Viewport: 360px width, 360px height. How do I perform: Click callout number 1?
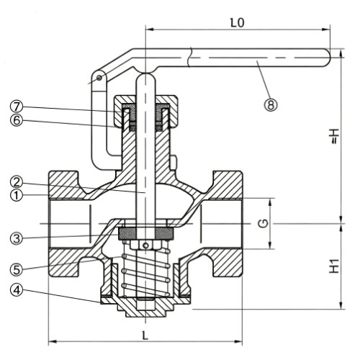coord(17,196)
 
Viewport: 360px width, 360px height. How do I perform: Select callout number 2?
coord(17,182)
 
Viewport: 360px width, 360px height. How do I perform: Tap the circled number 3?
coord(17,238)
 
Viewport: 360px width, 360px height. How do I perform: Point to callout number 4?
coord(17,290)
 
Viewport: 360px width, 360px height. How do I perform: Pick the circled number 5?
coord(17,269)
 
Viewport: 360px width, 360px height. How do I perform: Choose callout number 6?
coord(17,120)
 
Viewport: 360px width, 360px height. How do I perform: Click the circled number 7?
coord(17,107)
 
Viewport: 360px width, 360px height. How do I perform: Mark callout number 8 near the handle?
coord(271,105)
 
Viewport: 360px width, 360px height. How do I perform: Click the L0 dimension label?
coord(237,23)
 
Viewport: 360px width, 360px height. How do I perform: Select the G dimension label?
coord(264,224)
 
